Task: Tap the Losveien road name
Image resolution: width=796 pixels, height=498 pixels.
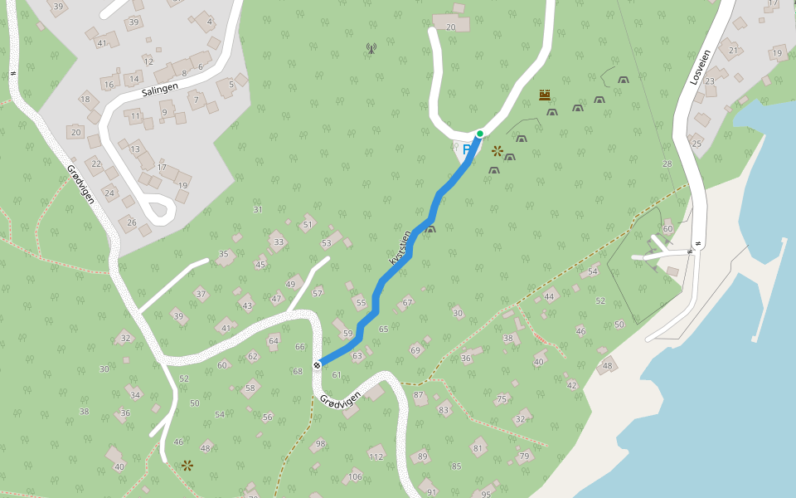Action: coord(701,66)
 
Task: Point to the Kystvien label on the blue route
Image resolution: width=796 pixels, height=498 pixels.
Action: coord(400,248)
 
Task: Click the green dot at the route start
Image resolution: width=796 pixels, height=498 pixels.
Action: coord(479,134)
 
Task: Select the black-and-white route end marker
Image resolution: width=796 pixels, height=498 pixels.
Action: coord(317,364)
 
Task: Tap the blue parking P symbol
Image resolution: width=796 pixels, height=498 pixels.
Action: coord(467,149)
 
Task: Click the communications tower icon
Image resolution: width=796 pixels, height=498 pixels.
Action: coord(371,48)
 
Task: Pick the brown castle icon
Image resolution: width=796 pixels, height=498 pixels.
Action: coord(545,95)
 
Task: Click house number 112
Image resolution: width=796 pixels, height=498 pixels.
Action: coord(376,456)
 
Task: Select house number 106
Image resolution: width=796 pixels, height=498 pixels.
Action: coord(355,476)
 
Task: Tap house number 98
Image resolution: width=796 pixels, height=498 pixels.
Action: coord(320,444)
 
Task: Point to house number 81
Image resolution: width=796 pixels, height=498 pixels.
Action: coord(478,449)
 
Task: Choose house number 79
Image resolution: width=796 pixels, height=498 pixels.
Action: coord(523,456)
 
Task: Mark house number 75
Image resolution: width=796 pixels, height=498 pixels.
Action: coord(501,399)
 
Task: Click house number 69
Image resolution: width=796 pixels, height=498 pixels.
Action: coord(415,350)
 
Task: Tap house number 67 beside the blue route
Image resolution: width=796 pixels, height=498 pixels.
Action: coord(407,303)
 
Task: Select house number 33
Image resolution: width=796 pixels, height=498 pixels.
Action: coord(279,242)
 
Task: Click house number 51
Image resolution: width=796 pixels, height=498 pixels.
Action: coord(308,224)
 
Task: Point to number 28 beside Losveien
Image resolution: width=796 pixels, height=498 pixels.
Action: coord(667,164)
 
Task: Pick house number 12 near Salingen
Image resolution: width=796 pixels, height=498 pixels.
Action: coord(148,61)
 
